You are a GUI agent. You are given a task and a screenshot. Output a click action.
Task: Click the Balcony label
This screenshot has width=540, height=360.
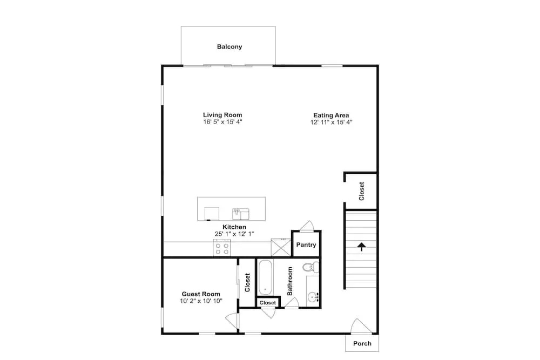pos(230,46)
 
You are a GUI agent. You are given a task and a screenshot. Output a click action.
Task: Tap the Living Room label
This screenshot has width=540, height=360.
pos(222,115)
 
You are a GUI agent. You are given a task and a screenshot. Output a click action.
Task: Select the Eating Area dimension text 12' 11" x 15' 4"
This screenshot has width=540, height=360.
pos(332,122)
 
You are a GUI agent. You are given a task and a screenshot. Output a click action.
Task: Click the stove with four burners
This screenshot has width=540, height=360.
pos(222,248)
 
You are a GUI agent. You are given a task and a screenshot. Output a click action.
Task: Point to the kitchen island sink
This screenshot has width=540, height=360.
pos(241,214)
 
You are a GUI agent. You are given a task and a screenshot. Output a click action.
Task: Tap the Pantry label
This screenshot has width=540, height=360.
pos(306,244)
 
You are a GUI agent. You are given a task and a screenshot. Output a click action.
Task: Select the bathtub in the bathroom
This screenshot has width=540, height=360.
pos(265,277)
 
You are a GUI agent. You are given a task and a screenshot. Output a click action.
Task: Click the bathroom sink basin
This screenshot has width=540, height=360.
pos(313,296)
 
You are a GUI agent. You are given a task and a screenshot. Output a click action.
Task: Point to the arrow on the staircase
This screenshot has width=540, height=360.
pos(361,247)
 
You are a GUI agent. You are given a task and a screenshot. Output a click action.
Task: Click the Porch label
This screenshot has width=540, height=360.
pos(362,343)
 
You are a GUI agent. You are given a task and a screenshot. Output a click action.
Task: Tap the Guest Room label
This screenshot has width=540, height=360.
pos(201,294)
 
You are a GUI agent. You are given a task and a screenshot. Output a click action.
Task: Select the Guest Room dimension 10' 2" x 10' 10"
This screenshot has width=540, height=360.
pos(201,301)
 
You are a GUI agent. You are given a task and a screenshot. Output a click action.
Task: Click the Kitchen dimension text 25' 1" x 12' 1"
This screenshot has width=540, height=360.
pos(234,234)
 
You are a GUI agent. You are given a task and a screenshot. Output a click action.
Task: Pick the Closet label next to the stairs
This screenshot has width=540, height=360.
pos(362,191)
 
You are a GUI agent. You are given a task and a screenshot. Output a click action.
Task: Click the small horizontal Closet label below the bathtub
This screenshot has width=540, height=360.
pos(268,303)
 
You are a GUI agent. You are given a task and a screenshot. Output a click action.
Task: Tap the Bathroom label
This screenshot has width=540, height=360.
pos(289,281)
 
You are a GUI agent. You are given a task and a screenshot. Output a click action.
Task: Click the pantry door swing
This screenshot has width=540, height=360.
pos(307,226)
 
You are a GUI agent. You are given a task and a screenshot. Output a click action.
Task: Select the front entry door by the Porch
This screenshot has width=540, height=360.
pos(361,327)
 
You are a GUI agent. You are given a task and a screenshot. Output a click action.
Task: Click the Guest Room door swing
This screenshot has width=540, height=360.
pos(232,321)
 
